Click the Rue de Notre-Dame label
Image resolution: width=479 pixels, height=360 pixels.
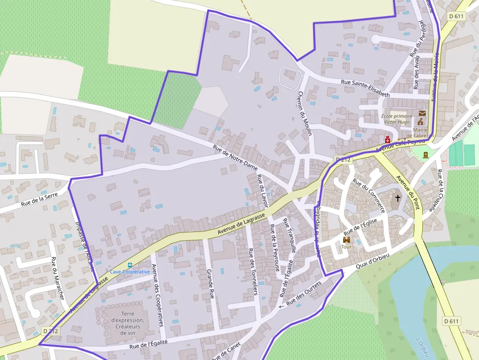[235, 157]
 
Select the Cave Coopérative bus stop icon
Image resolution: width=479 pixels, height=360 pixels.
[130, 265]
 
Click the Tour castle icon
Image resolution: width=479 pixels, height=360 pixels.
[347, 240]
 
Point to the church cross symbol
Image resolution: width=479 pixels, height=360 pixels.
[398, 198]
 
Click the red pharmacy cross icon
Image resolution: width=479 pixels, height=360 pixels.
[388, 139]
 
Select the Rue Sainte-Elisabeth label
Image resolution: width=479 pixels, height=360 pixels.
[365, 87]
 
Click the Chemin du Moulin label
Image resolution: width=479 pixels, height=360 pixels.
[305, 113]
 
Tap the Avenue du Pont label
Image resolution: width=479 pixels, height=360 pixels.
[408, 192]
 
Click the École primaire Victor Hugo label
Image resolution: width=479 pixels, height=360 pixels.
[397, 119]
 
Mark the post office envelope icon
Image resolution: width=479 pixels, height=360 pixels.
[422, 113]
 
